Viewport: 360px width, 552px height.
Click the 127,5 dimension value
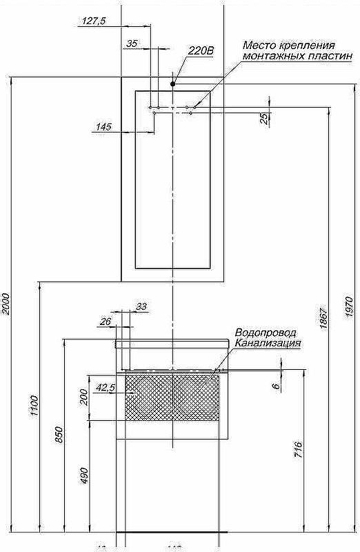(x=93, y=21)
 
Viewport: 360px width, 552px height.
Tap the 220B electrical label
(x=201, y=50)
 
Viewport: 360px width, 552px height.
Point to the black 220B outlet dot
(x=173, y=84)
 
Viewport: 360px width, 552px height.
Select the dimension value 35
(x=132, y=43)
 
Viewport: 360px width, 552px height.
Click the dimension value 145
(x=103, y=126)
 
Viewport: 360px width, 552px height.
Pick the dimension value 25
(x=264, y=118)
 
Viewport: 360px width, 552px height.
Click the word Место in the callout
(x=257, y=46)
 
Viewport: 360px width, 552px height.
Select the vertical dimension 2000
(x=6, y=304)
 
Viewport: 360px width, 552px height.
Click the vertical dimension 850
(x=59, y=435)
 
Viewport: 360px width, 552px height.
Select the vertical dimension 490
(x=85, y=476)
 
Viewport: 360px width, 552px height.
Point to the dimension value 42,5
(x=105, y=388)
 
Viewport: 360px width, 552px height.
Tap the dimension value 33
(x=141, y=306)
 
